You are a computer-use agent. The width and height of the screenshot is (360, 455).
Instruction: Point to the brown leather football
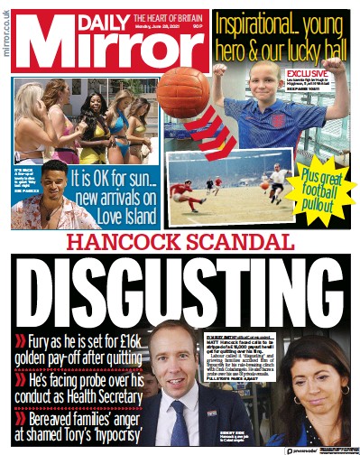click(184, 93)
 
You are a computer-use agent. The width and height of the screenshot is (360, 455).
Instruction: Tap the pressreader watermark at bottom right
click(319, 448)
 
